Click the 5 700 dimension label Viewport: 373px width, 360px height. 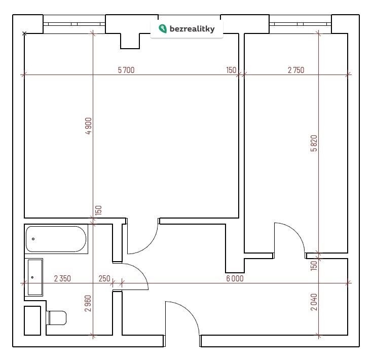coord(126,70)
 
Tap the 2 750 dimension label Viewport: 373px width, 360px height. coord(296,70)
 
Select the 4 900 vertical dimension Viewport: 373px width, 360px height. coord(88,126)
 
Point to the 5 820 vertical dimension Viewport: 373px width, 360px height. coord(314,143)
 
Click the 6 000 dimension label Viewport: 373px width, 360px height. coord(235,278)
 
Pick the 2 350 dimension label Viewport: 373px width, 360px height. coord(62,278)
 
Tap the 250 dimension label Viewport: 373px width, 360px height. coord(104,278)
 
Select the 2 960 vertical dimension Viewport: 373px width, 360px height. coord(88,303)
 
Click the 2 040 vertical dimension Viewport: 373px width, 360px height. coord(314,302)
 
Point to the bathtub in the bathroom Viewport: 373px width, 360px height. coord(56,239)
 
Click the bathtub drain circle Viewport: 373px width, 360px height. coord(33,239)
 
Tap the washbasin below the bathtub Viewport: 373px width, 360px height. coord(35,277)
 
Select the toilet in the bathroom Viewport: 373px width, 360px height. coord(56,318)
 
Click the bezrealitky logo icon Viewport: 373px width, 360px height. coord(163,29)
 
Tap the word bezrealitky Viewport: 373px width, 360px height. coord(192,29)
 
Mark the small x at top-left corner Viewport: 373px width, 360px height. coord(24,33)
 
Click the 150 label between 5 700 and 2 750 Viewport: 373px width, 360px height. coord(231,70)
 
